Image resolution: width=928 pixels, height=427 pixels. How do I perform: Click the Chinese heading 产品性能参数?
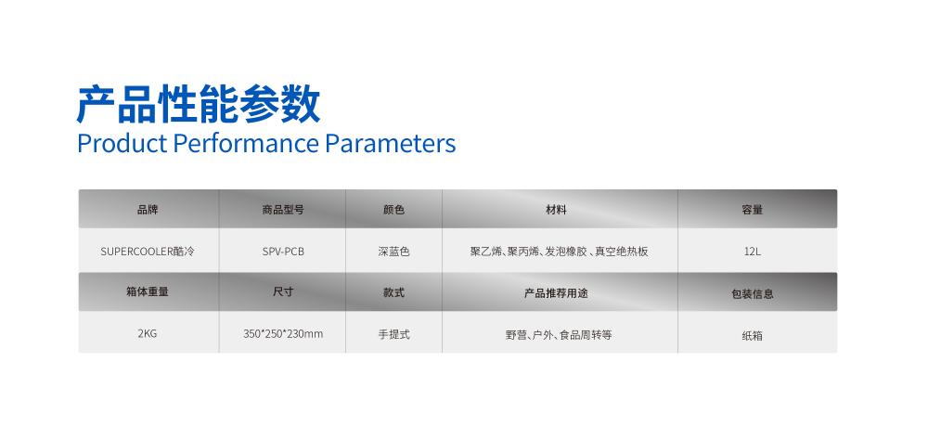click(199, 104)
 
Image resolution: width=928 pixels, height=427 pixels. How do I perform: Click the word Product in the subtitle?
click(122, 143)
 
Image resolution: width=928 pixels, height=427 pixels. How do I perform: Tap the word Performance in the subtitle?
click(246, 143)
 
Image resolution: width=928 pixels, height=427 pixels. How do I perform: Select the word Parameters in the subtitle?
click(391, 143)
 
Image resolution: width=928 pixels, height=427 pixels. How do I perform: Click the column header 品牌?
click(148, 210)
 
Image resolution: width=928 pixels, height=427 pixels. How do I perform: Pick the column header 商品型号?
click(283, 210)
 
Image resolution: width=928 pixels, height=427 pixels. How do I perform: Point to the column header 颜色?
click(393, 210)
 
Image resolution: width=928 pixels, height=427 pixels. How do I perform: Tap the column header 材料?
click(556, 210)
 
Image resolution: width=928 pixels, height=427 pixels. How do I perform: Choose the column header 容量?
click(753, 210)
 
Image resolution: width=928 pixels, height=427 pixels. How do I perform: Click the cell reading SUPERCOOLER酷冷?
click(148, 252)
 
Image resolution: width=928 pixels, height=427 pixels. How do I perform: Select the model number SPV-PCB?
click(283, 252)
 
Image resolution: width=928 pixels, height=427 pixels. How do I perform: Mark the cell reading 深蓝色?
click(393, 252)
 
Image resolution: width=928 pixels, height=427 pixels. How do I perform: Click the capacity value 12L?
click(753, 252)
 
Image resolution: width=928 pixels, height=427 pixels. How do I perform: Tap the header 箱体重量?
click(148, 292)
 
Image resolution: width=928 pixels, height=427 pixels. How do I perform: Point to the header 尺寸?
click(283, 292)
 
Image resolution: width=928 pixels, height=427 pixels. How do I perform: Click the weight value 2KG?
click(148, 333)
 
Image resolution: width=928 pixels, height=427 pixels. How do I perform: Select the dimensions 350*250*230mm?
click(283, 333)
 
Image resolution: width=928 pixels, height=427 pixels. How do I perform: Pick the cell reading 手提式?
click(393, 334)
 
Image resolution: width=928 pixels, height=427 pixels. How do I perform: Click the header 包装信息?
click(753, 293)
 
